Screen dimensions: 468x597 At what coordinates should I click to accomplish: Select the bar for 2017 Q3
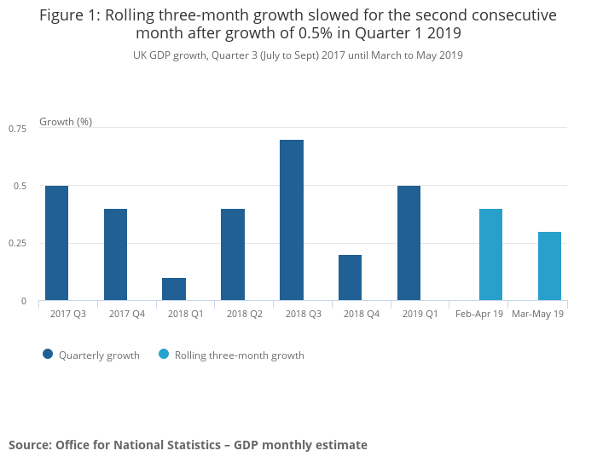coord(56,243)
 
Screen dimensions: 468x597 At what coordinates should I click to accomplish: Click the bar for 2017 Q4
coord(115,254)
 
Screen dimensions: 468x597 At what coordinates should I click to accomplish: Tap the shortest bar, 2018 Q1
coord(174,289)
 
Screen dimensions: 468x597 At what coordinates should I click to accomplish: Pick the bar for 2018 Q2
coord(233,254)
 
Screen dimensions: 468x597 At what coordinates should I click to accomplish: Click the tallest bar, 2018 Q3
coord(292,220)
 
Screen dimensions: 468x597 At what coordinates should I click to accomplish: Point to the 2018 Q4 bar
coord(350,277)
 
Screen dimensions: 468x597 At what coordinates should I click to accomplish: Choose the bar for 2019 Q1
coord(409,243)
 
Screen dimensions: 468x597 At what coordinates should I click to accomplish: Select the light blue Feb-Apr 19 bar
coord(490,254)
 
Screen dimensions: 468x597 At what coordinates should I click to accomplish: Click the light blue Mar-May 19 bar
coord(549,266)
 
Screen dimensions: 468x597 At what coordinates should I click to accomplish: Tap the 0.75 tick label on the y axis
coord(18,129)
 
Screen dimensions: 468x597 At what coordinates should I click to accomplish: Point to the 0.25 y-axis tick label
coord(18,244)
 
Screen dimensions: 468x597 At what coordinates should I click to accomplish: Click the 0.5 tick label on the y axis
coord(22,186)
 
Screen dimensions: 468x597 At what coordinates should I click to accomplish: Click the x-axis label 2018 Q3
coord(303,315)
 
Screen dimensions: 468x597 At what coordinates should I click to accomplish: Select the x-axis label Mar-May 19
coord(537,315)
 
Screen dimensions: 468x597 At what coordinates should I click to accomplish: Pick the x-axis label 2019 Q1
coord(420,315)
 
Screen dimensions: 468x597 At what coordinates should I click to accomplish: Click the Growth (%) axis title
coord(66,122)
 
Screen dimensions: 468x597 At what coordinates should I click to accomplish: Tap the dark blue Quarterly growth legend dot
coord(48,355)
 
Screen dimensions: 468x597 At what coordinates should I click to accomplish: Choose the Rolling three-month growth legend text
coord(239,355)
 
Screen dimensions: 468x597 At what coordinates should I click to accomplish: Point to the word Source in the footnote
coord(29,445)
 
